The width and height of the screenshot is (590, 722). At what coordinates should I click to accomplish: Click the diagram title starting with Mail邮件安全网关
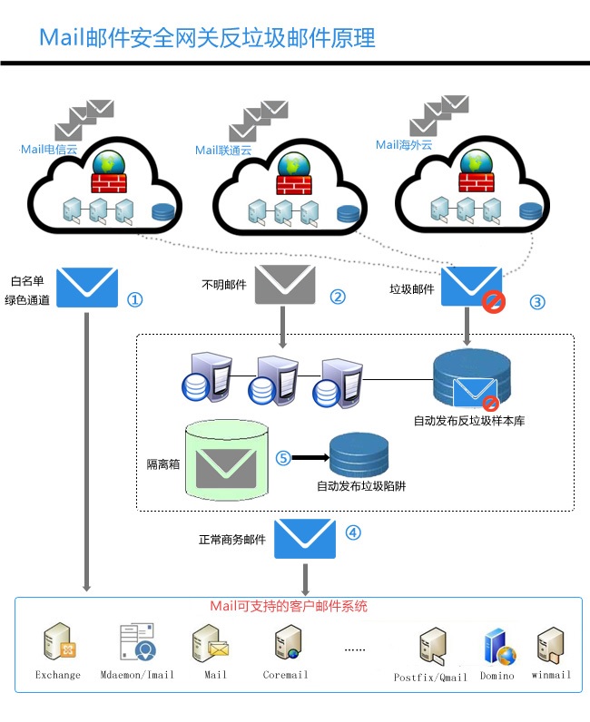pyautogui.click(x=207, y=38)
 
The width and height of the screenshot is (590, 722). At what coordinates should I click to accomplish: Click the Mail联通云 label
pyautogui.click(x=223, y=151)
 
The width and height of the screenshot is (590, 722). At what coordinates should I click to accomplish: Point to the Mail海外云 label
pyautogui.click(x=404, y=145)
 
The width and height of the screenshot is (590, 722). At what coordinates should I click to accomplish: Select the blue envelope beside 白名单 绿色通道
pyautogui.click(x=87, y=288)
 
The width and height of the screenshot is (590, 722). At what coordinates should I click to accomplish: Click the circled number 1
pyautogui.click(x=134, y=298)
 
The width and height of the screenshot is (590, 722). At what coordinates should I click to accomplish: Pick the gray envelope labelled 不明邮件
pyautogui.click(x=284, y=284)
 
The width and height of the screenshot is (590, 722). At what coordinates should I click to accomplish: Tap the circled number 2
pyautogui.click(x=338, y=297)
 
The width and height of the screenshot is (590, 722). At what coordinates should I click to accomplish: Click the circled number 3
pyautogui.click(x=537, y=302)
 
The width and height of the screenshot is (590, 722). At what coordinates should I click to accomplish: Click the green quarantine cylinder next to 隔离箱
pyautogui.click(x=226, y=462)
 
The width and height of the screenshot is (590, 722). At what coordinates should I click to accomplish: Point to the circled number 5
pyautogui.click(x=283, y=459)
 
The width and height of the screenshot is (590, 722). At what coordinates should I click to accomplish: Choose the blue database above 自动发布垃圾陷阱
pyautogui.click(x=359, y=455)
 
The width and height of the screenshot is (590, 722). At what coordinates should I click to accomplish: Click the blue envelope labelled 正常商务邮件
pyautogui.click(x=305, y=537)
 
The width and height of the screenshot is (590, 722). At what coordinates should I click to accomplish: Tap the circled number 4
pyautogui.click(x=353, y=532)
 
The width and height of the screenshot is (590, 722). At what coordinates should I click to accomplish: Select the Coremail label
pyautogui.click(x=285, y=675)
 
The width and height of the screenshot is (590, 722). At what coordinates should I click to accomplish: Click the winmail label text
pyautogui.click(x=551, y=675)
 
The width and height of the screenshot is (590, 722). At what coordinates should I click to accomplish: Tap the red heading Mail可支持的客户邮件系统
pyautogui.click(x=289, y=606)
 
